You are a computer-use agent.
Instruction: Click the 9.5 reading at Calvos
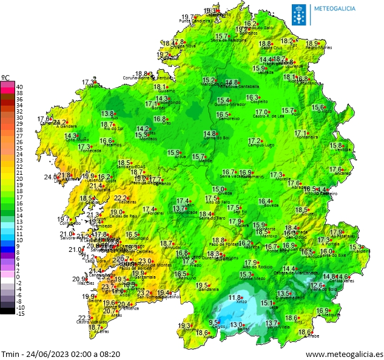click(x=214, y=322)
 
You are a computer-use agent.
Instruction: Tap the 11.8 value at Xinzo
click(x=235, y=297)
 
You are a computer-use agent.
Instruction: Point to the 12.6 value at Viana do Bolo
click(x=317, y=285)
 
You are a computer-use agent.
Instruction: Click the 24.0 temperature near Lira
click(x=50, y=177)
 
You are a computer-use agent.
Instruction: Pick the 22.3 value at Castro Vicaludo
click(x=84, y=318)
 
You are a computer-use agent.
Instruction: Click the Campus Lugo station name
click(x=261, y=146)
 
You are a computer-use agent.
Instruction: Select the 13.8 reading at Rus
click(x=108, y=114)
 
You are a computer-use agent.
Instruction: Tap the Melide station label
click(x=206, y=161)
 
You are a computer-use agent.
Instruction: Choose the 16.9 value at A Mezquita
click(x=323, y=311)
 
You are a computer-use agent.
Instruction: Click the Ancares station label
click(x=343, y=174)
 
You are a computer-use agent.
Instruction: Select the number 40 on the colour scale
click(x=19, y=87)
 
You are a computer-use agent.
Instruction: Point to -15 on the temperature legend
click(x=20, y=313)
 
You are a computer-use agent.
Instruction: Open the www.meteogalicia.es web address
click(x=344, y=354)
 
